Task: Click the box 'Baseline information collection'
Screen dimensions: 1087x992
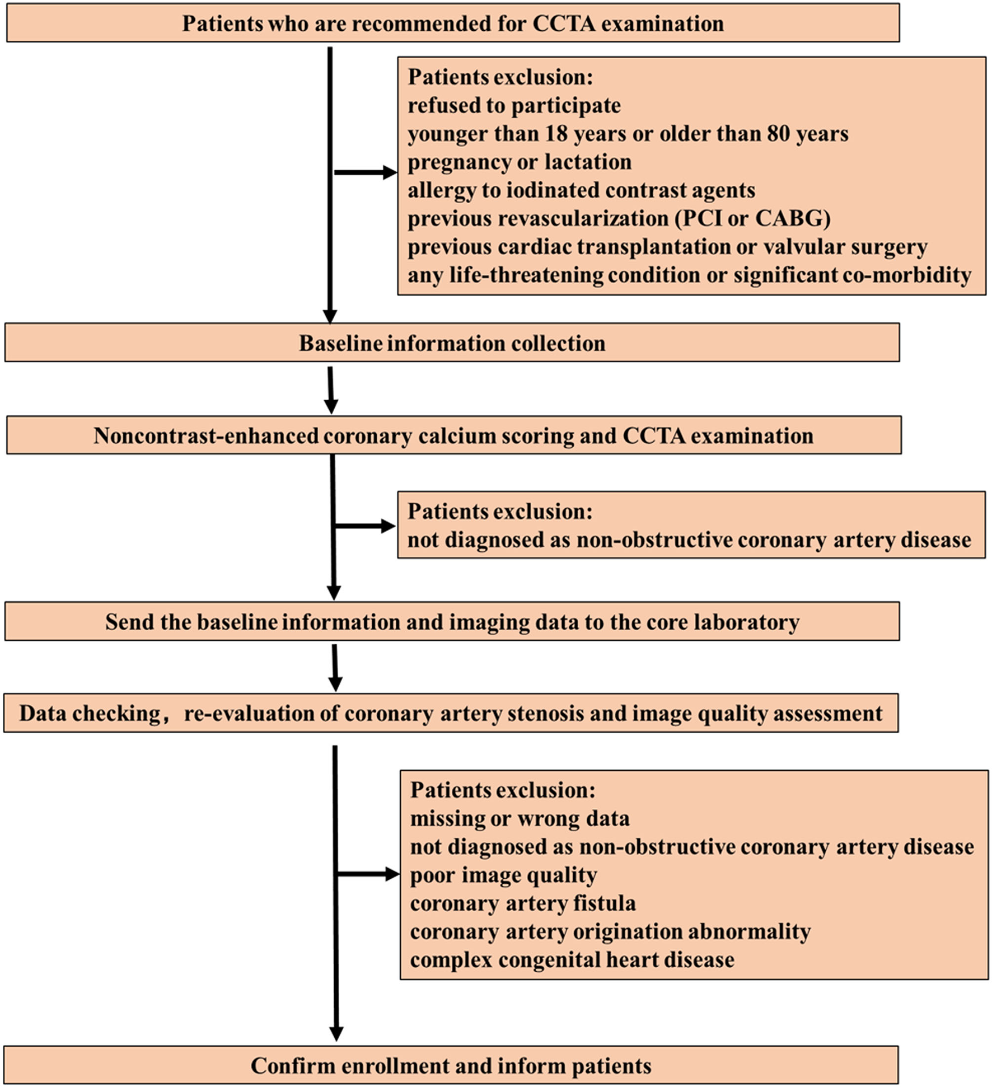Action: (x=452, y=343)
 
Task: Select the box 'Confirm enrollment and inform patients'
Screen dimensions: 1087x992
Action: (x=451, y=1065)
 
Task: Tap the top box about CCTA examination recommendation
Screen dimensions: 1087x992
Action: (x=452, y=24)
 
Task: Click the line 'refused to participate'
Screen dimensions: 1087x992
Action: (x=514, y=105)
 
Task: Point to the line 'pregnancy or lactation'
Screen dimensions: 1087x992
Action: (x=519, y=162)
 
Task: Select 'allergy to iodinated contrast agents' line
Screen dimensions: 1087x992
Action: (x=581, y=190)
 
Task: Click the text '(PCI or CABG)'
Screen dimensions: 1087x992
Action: (x=752, y=218)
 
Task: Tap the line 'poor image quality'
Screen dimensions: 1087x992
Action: (x=503, y=875)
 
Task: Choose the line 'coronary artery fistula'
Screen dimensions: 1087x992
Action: (x=522, y=903)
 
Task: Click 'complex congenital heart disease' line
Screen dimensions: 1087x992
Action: (x=572, y=960)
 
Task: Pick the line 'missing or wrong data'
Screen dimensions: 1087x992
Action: (x=520, y=818)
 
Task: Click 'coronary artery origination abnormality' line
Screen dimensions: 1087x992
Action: (x=610, y=931)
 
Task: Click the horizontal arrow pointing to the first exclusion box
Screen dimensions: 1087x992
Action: (x=365, y=172)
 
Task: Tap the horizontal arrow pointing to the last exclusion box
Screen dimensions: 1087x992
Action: (x=368, y=874)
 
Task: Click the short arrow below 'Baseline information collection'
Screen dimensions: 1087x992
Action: (x=331, y=390)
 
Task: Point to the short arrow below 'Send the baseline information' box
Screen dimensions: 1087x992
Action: (x=335, y=667)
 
